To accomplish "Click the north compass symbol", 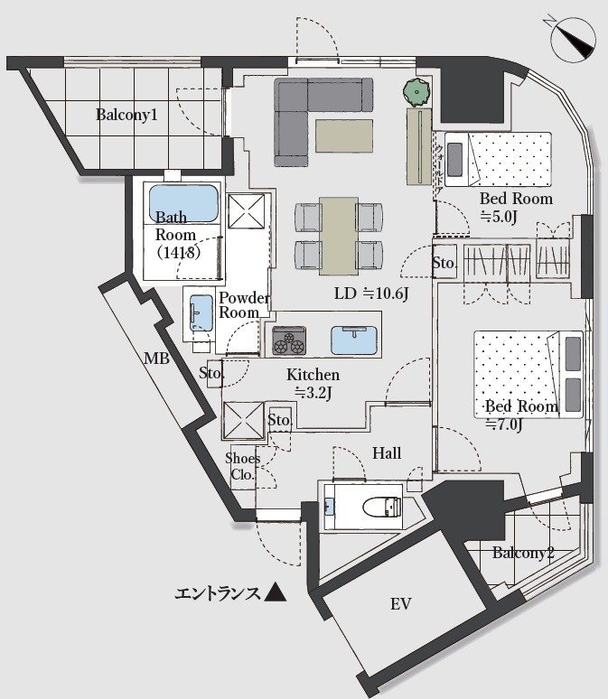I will pyautogui.click(x=573, y=39).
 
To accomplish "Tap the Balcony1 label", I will pyautogui.click(x=127, y=116).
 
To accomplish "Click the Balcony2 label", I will pyautogui.click(x=523, y=554).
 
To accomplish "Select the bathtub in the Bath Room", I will pyautogui.click(x=183, y=203).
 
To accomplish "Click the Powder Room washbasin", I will pyautogui.click(x=200, y=313).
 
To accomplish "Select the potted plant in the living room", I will pyautogui.click(x=416, y=92).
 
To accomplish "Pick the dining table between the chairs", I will pyautogui.click(x=338, y=235).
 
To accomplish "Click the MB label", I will pyautogui.click(x=157, y=358).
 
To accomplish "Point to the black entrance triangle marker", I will pyautogui.click(x=276, y=592).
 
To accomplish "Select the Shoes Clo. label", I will pyautogui.click(x=243, y=465).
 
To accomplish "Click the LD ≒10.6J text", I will pyautogui.click(x=371, y=294).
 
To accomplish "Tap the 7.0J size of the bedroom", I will pyautogui.click(x=505, y=424).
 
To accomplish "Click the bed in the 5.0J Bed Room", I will pyautogui.click(x=498, y=159).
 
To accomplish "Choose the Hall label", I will pyautogui.click(x=388, y=453).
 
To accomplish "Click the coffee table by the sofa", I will pyautogui.click(x=343, y=135).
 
